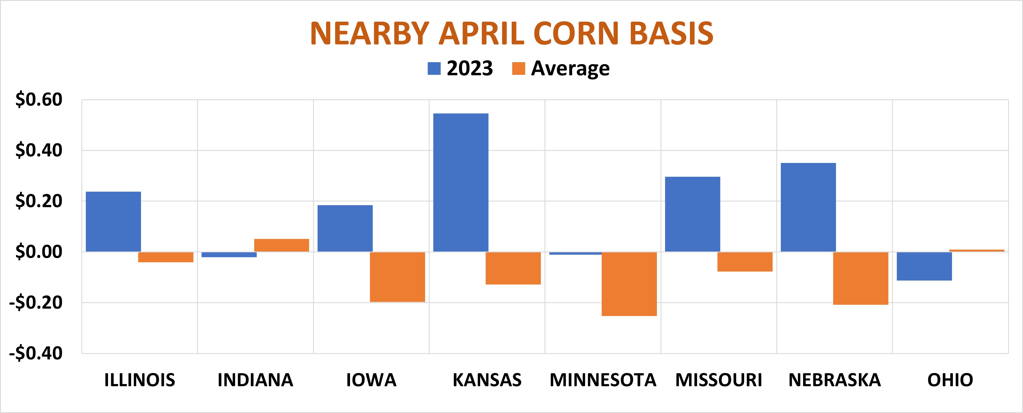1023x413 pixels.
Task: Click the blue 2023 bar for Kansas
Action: (461, 183)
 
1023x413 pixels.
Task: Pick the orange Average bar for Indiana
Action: (282, 245)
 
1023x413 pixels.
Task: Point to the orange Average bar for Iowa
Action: (398, 277)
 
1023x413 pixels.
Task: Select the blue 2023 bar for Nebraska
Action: (808, 207)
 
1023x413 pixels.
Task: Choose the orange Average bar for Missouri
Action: (745, 262)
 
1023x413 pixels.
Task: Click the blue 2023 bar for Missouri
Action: (693, 214)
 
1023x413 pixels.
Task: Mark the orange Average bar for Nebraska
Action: (861, 278)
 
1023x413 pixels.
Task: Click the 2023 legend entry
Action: (461, 68)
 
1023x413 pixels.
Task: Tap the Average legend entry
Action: (561, 68)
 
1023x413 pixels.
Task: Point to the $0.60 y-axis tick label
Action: (39, 100)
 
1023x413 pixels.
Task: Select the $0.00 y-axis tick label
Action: (39, 252)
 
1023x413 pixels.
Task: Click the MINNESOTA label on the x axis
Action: (603, 380)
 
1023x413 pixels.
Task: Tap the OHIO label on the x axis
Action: (950, 380)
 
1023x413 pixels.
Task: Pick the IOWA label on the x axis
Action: (371, 380)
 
